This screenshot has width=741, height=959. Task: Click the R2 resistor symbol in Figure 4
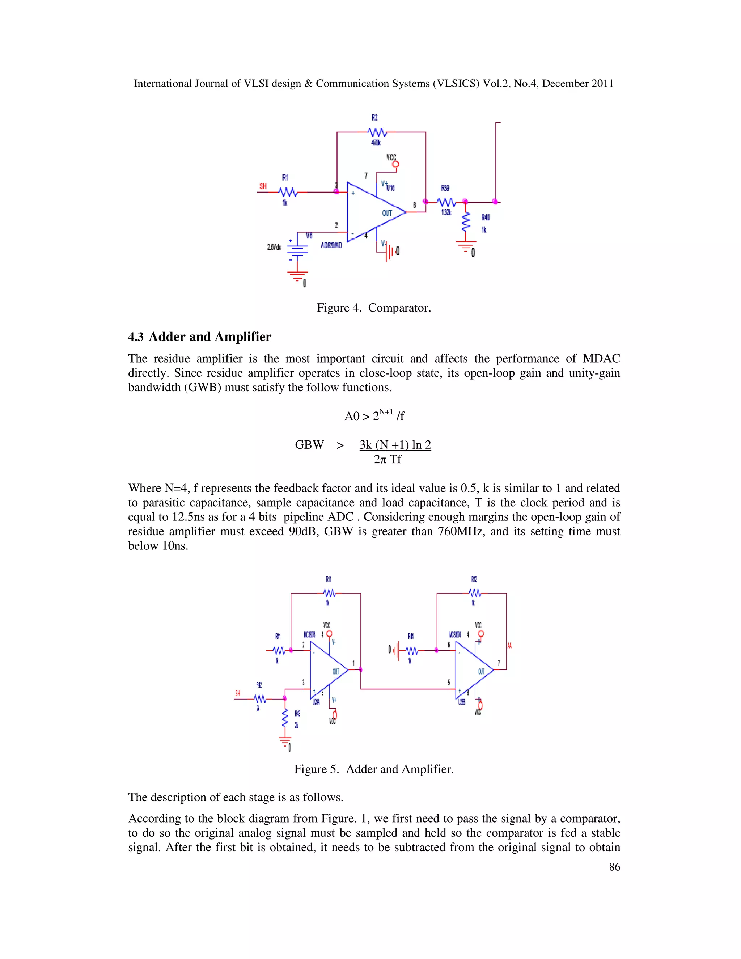pos(377,132)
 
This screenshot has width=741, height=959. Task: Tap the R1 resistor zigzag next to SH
pos(288,192)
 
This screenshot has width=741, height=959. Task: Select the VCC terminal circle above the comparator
pos(395,165)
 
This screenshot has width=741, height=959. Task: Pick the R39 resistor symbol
pos(446,202)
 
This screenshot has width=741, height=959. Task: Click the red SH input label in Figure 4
pos(263,186)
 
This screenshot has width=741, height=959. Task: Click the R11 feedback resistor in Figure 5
pos(329,593)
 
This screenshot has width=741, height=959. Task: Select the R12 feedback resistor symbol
pos(475,593)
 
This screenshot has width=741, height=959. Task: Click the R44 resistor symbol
pos(411,650)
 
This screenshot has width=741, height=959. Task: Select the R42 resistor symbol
pos(260,698)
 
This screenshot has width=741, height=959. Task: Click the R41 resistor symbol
pos(279,650)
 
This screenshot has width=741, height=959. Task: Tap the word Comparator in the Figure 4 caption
pos(399,308)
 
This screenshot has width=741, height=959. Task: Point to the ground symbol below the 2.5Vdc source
pos(297,276)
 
